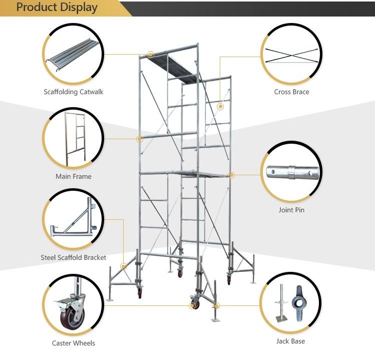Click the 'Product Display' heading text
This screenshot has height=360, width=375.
[x=57, y=7]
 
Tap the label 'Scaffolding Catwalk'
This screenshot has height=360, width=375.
[x=74, y=92]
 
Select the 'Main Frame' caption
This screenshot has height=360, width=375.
[x=74, y=177]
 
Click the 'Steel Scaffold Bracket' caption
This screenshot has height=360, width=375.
[x=74, y=258]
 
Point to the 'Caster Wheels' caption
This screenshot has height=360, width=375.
[x=74, y=343]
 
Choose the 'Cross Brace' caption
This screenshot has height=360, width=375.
[x=291, y=92]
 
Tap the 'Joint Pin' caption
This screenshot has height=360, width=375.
[x=291, y=210]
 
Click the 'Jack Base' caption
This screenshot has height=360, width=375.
[x=290, y=341]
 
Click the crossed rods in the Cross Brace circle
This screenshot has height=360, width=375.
[x=291, y=56]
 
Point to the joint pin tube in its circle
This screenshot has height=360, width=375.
[x=292, y=172]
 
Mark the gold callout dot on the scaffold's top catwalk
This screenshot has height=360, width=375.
[x=150, y=55]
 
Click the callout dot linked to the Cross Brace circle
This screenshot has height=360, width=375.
[x=220, y=107]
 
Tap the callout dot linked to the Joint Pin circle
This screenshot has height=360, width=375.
[x=231, y=175]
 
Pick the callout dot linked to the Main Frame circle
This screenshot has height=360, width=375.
[x=139, y=139]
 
